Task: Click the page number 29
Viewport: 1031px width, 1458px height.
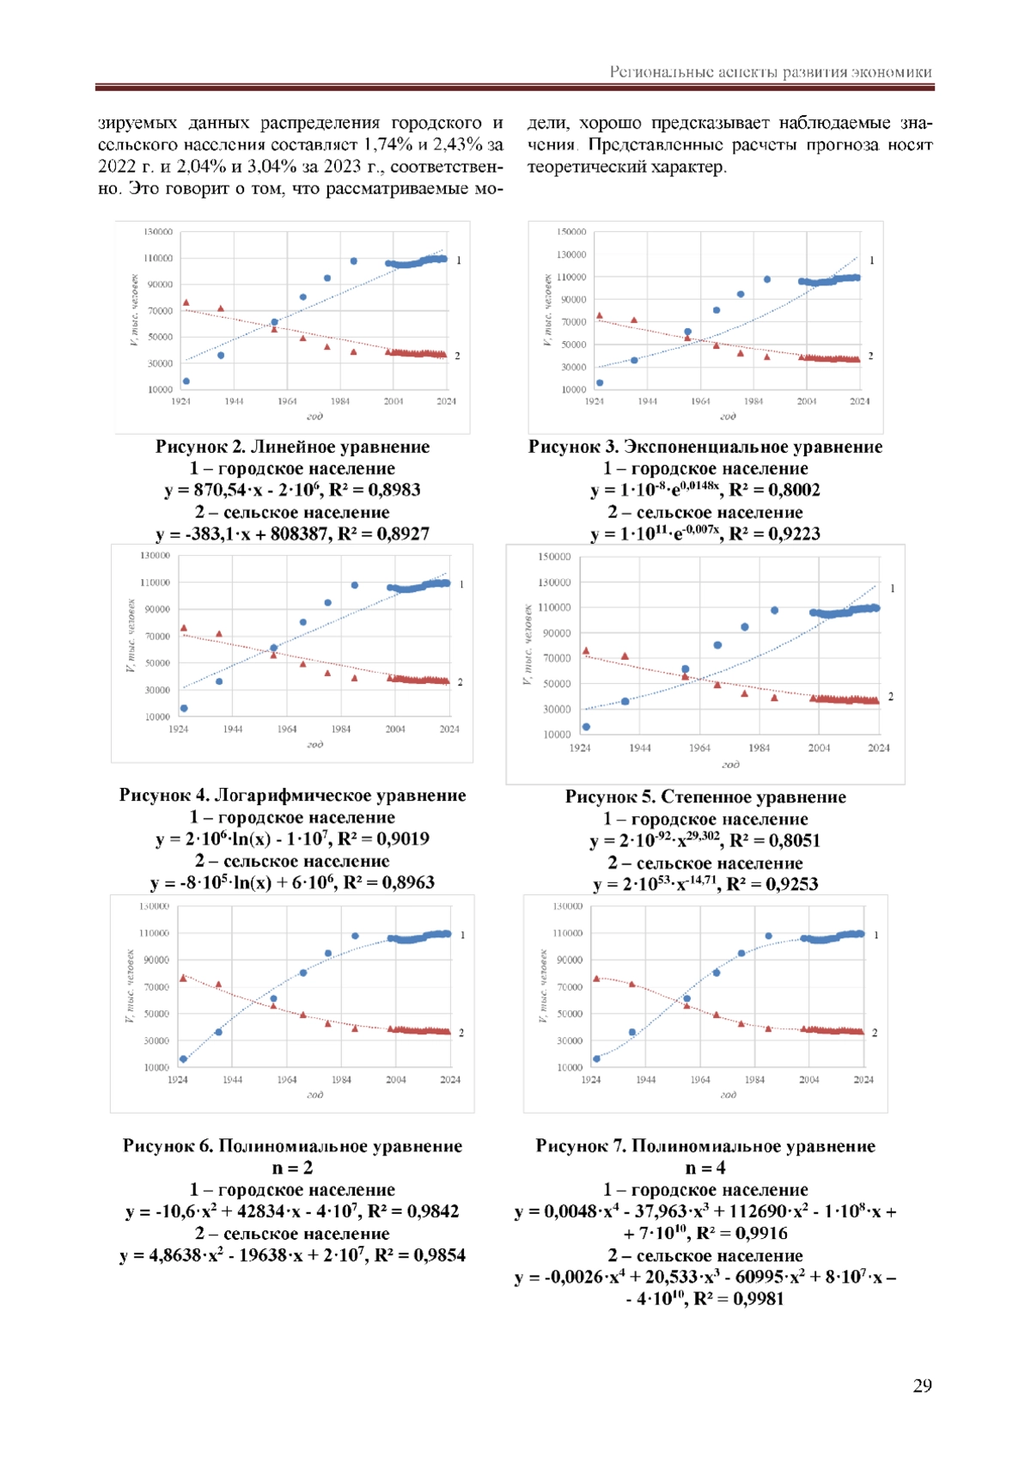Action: coord(922,1385)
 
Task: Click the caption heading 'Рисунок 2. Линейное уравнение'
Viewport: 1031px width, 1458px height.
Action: coord(292,447)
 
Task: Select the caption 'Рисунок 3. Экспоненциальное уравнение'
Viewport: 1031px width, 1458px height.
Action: coord(705,447)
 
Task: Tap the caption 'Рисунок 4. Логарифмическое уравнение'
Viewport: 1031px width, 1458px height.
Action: coord(292,796)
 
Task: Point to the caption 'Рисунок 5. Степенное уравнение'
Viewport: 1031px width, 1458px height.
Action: coord(705,797)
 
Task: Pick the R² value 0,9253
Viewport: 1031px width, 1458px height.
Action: coord(791,884)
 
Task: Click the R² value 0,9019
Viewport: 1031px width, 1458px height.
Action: coord(402,839)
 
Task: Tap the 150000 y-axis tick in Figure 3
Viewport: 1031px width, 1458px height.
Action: coord(571,232)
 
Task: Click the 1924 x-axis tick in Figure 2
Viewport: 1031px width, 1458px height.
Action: coord(181,401)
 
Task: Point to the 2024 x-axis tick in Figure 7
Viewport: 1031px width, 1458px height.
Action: coord(863,1080)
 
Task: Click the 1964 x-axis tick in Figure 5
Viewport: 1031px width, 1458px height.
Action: coord(699,748)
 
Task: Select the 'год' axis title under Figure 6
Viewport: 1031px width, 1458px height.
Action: coord(314,1095)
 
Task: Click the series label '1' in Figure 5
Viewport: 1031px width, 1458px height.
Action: coord(893,589)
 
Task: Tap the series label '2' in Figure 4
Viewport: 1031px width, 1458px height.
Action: coord(461,682)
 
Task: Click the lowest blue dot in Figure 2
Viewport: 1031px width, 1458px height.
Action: coord(186,381)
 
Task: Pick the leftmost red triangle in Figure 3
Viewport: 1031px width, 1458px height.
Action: coord(600,316)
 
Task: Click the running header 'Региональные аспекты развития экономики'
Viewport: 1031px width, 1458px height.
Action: coord(771,72)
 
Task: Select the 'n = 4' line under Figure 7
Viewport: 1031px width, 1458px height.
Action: coord(705,1168)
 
